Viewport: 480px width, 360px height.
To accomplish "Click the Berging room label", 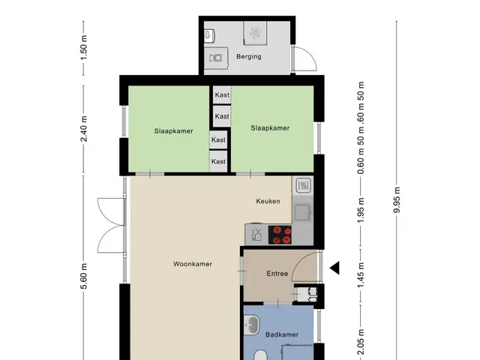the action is [249, 57].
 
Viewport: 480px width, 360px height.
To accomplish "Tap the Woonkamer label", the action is [193, 264].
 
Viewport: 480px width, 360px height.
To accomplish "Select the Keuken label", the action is [268, 201].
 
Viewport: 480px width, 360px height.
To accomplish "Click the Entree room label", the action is [277, 273].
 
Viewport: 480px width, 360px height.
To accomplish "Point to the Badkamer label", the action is [282, 334].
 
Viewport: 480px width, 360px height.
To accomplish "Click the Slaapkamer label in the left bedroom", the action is [173, 131].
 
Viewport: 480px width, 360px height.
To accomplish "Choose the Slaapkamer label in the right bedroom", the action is [270, 128].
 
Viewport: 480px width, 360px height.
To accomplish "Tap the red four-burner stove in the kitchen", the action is [280, 235].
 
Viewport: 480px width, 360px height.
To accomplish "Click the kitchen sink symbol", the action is [303, 212].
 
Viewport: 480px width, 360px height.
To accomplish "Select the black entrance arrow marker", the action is [334, 268].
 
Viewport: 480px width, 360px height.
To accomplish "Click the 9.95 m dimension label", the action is [397, 199].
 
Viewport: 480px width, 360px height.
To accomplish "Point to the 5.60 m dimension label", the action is [84, 276].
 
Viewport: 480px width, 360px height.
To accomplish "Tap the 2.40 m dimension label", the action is [84, 128].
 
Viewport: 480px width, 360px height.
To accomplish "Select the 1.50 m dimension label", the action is [84, 48].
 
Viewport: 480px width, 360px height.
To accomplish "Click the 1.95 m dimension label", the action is [361, 211].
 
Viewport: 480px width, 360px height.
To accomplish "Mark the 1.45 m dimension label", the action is [361, 275].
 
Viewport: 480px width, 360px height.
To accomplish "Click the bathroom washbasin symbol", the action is [251, 325].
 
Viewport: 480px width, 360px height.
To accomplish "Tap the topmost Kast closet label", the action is [222, 95].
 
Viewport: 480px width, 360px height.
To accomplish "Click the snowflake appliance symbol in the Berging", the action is [255, 33].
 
